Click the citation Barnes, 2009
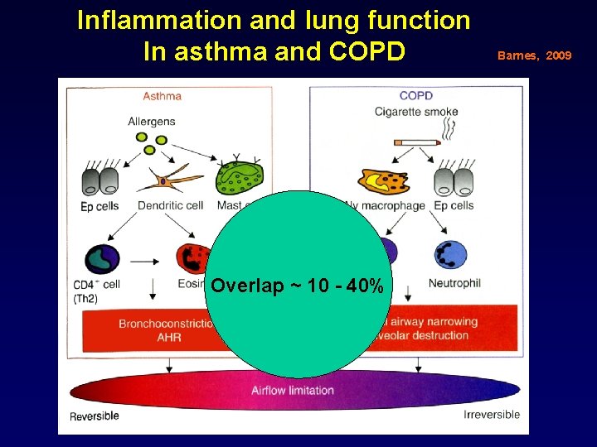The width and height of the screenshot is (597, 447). click(x=534, y=55)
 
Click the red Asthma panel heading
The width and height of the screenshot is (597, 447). click(x=163, y=96)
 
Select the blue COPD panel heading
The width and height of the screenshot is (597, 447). click(x=415, y=96)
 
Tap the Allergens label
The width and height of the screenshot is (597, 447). click(x=152, y=122)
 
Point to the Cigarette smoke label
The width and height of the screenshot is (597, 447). click(x=416, y=112)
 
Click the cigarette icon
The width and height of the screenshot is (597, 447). click(x=415, y=142)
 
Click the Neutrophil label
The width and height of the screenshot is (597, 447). click(x=454, y=283)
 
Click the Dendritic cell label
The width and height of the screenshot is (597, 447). click(x=170, y=205)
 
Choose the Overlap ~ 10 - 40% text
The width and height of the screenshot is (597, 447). click(x=297, y=286)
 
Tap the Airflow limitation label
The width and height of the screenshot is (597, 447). click(x=293, y=390)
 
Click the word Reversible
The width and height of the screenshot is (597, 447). click(x=95, y=416)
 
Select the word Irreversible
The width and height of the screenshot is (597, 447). click(x=491, y=415)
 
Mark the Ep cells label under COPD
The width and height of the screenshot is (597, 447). click(x=454, y=205)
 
